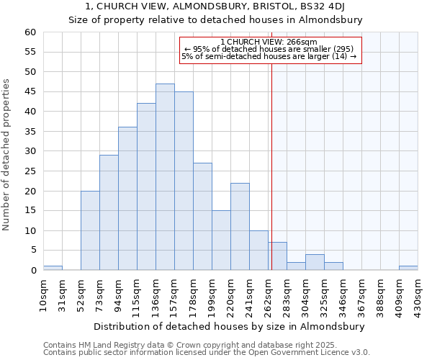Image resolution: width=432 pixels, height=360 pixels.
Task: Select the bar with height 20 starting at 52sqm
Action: pyautogui.click(x=90, y=230)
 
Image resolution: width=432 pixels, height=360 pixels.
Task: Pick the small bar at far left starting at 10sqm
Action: pyautogui.click(x=53, y=268)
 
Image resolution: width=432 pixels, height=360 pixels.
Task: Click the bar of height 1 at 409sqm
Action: pyautogui.click(x=408, y=268)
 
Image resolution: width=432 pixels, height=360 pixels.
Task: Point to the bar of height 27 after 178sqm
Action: pyautogui.click(x=202, y=216)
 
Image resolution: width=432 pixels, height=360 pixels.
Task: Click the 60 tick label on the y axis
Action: pyautogui.click(x=30, y=32)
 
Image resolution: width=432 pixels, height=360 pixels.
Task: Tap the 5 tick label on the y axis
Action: pyautogui.click(x=32, y=251)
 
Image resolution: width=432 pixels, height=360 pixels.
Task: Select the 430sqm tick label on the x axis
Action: pyautogui.click(x=418, y=295)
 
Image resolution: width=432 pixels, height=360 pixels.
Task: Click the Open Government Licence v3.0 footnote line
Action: pyautogui.click(x=207, y=353)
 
